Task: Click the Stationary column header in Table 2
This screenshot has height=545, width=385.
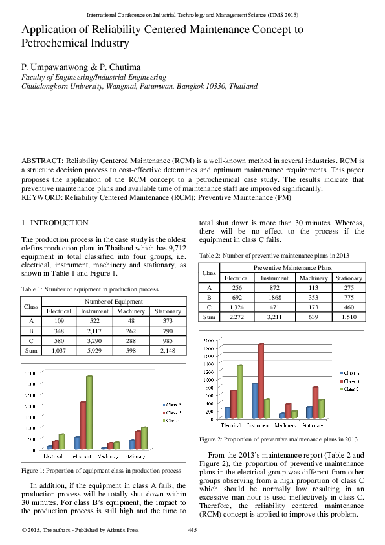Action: pos(349,278)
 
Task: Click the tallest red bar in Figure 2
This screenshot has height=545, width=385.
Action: pos(261,380)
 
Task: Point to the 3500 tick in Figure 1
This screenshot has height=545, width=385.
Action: pos(30,373)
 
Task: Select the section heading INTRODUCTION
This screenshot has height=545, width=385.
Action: pos(60,223)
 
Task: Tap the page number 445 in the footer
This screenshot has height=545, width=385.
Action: pos(192,531)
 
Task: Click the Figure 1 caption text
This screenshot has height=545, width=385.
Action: pos(101,471)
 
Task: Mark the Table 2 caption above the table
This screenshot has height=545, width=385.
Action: pos(274,255)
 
